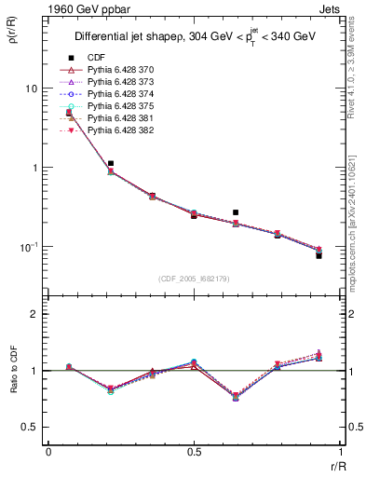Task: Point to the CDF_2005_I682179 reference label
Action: [x=194, y=279]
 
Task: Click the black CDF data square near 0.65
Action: [x=236, y=212]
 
